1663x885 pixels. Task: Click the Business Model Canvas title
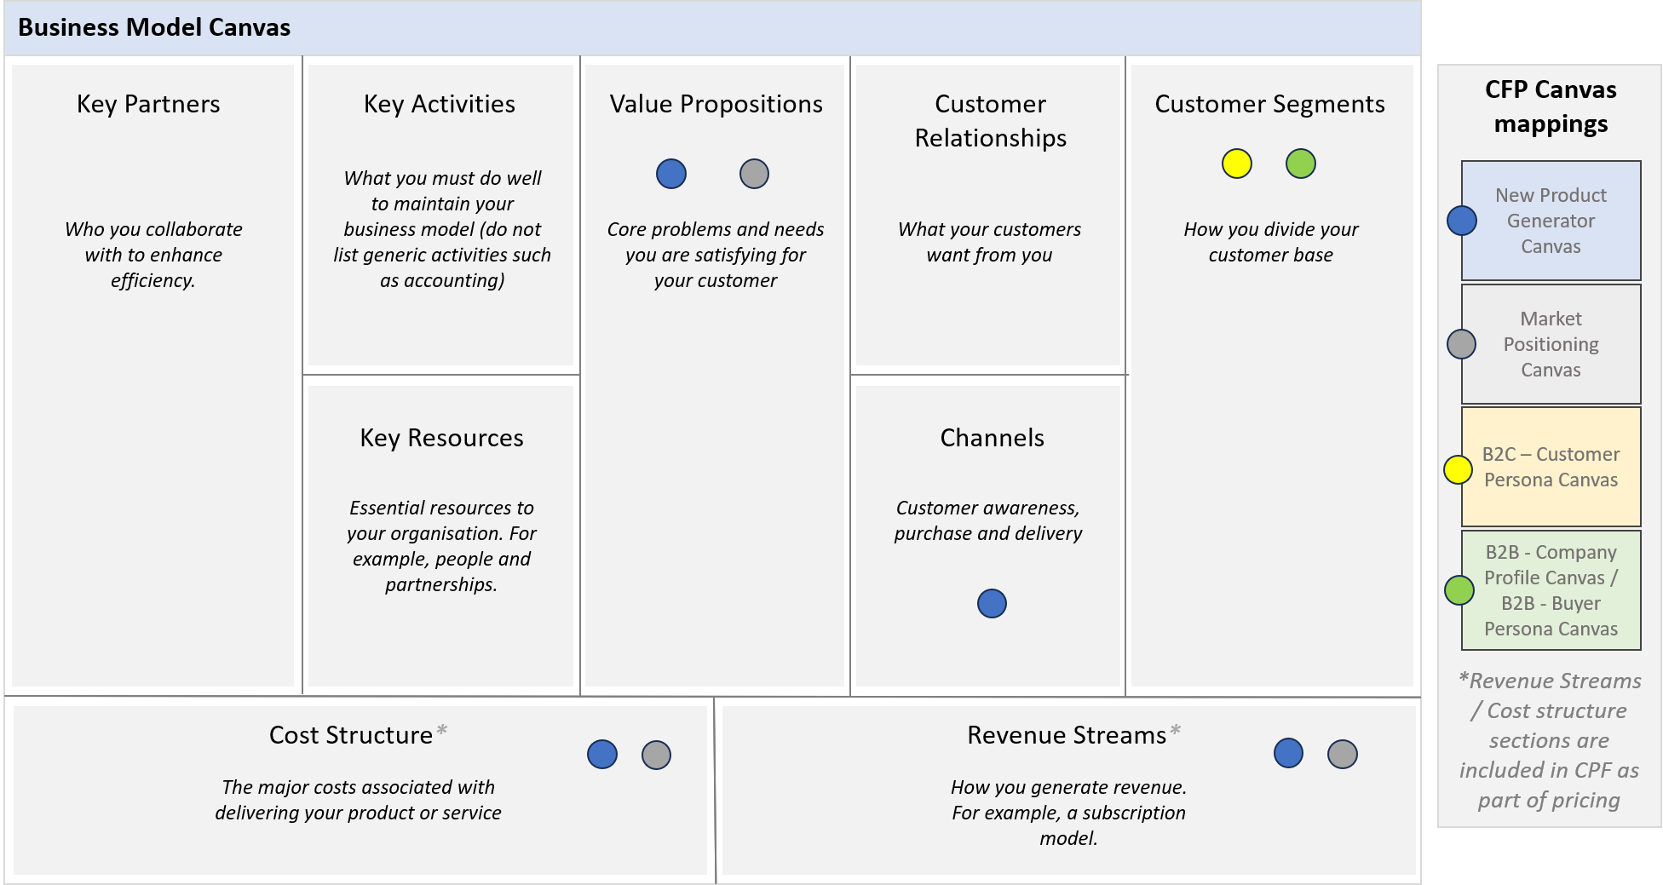click(x=154, y=27)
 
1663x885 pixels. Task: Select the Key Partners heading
click(x=148, y=104)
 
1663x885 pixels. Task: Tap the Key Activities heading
click(x=440, y=104)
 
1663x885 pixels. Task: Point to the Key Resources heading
click(x=441, y=438)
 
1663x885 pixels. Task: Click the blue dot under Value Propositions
click(x=671, y=174)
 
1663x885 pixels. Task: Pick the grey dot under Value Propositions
click(x=754, y=174)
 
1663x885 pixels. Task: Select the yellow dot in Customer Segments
click(x=1237, y=164)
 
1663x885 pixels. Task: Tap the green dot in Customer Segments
click(x=1301, y=164)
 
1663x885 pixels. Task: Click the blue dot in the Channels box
click(x=992, y=603)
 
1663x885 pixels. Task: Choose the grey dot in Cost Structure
click(x=656, y=755)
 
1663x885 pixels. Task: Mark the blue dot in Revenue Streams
click(x=1288, y=753)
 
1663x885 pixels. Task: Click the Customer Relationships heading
click(x=990, y=121)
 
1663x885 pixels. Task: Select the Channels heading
click(x=992, y=438)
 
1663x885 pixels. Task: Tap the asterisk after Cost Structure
click(x=441, y=730)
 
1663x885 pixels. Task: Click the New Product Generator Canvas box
click(x=1551, y=221)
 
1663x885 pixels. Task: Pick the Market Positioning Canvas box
click(x=1551, y=344)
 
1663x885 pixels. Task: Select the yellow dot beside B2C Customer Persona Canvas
click(x=1458, y=469)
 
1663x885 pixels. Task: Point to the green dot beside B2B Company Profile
click(x=1459, y=589)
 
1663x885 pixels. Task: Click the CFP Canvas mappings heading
click(x=1551, y=106)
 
